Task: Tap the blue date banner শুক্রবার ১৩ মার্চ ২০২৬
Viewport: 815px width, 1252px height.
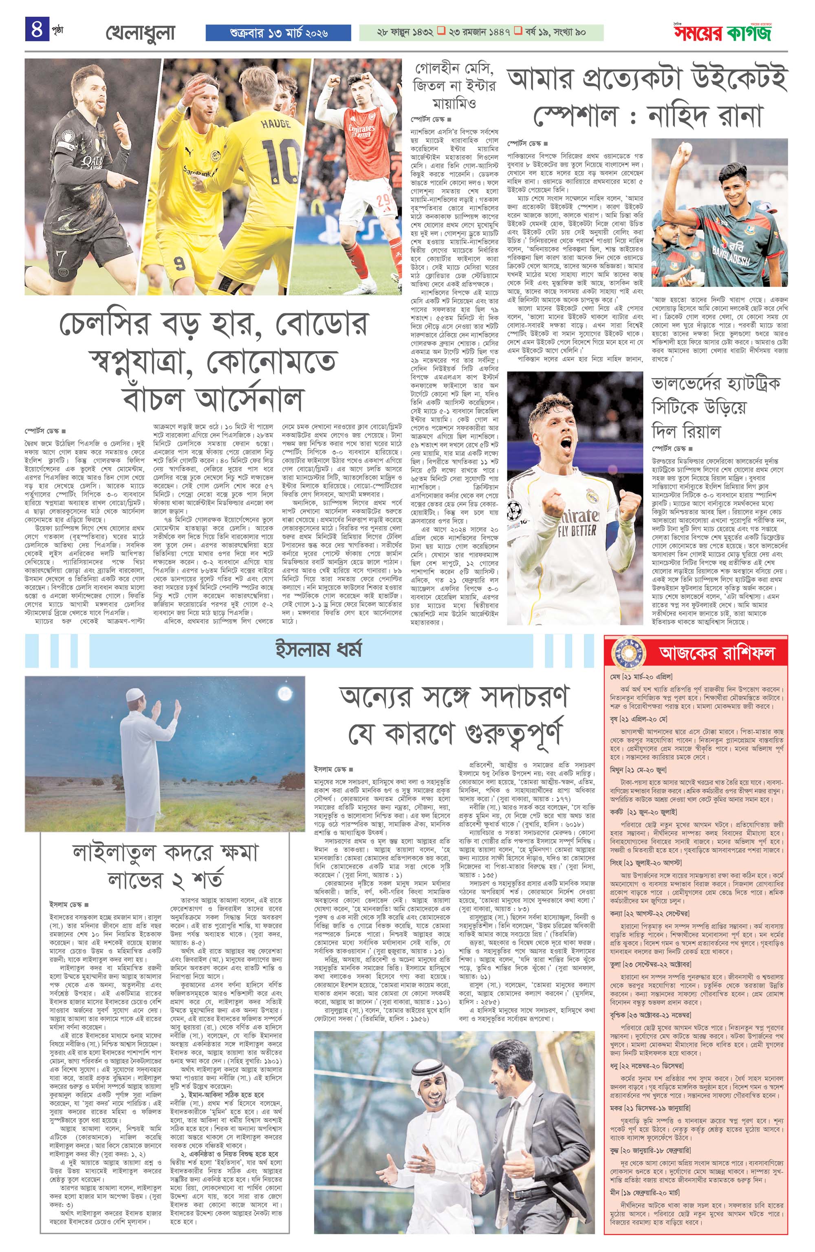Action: (x=279, y=33)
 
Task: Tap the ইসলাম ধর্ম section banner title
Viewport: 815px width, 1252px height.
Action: (x=319, y=650)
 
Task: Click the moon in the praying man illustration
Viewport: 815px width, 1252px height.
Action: (x=285, y=693)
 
